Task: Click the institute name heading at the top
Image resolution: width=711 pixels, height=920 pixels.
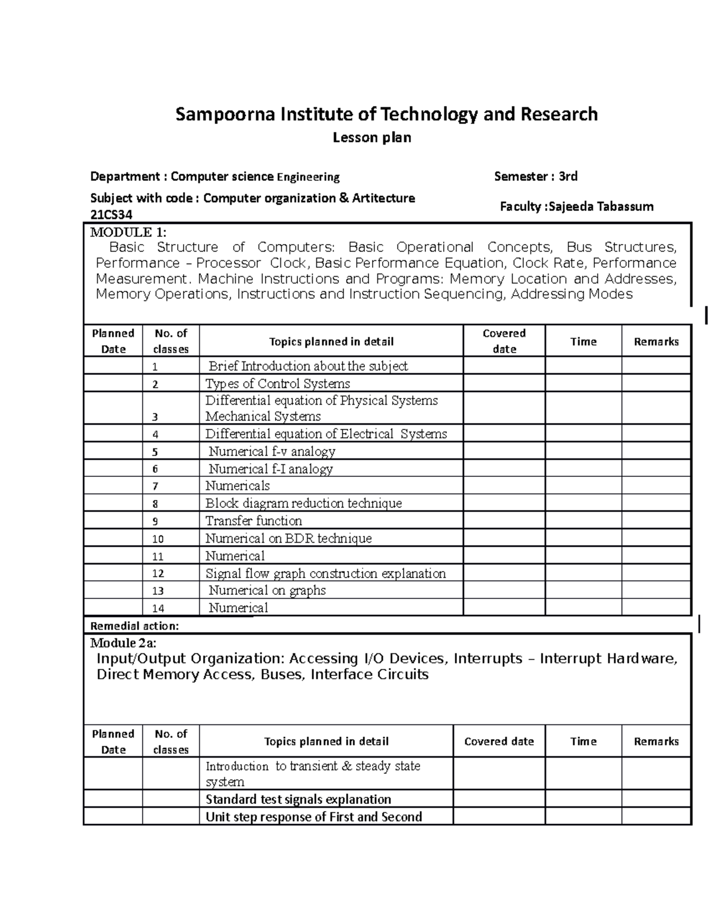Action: click(386, 114)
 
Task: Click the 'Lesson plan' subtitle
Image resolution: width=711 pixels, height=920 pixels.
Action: click(371, 138)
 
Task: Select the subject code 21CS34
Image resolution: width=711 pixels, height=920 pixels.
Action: click(111, 214)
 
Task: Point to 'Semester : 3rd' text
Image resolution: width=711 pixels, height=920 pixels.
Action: click(536, 176)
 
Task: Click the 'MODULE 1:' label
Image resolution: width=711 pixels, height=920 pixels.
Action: click(129, 232)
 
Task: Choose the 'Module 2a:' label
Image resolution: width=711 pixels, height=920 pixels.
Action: click(123, 643)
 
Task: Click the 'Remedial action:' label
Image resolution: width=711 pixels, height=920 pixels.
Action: click(134, 626)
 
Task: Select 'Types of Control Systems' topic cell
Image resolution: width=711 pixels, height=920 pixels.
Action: click(277, 383)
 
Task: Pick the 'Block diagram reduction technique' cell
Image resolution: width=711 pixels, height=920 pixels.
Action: click(303, 504)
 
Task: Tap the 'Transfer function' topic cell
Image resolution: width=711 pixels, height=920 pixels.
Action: click(254, 521)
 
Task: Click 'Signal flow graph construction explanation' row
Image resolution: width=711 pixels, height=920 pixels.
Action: click(325, 573)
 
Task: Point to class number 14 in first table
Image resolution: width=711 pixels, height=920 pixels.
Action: click(158, 608)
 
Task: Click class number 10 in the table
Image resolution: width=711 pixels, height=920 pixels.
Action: click(158, 539)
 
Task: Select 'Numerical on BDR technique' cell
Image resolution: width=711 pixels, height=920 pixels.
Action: click(289, 538)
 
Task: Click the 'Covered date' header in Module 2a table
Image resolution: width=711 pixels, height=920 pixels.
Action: click(499, 741)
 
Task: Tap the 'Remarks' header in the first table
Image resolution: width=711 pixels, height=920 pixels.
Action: click(656, 341)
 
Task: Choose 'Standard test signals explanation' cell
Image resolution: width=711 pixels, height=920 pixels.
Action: click(298, 799)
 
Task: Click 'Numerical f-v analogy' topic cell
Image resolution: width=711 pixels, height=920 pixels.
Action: click(272, 451)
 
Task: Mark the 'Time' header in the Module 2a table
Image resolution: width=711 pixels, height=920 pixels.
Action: click(583, 741)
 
